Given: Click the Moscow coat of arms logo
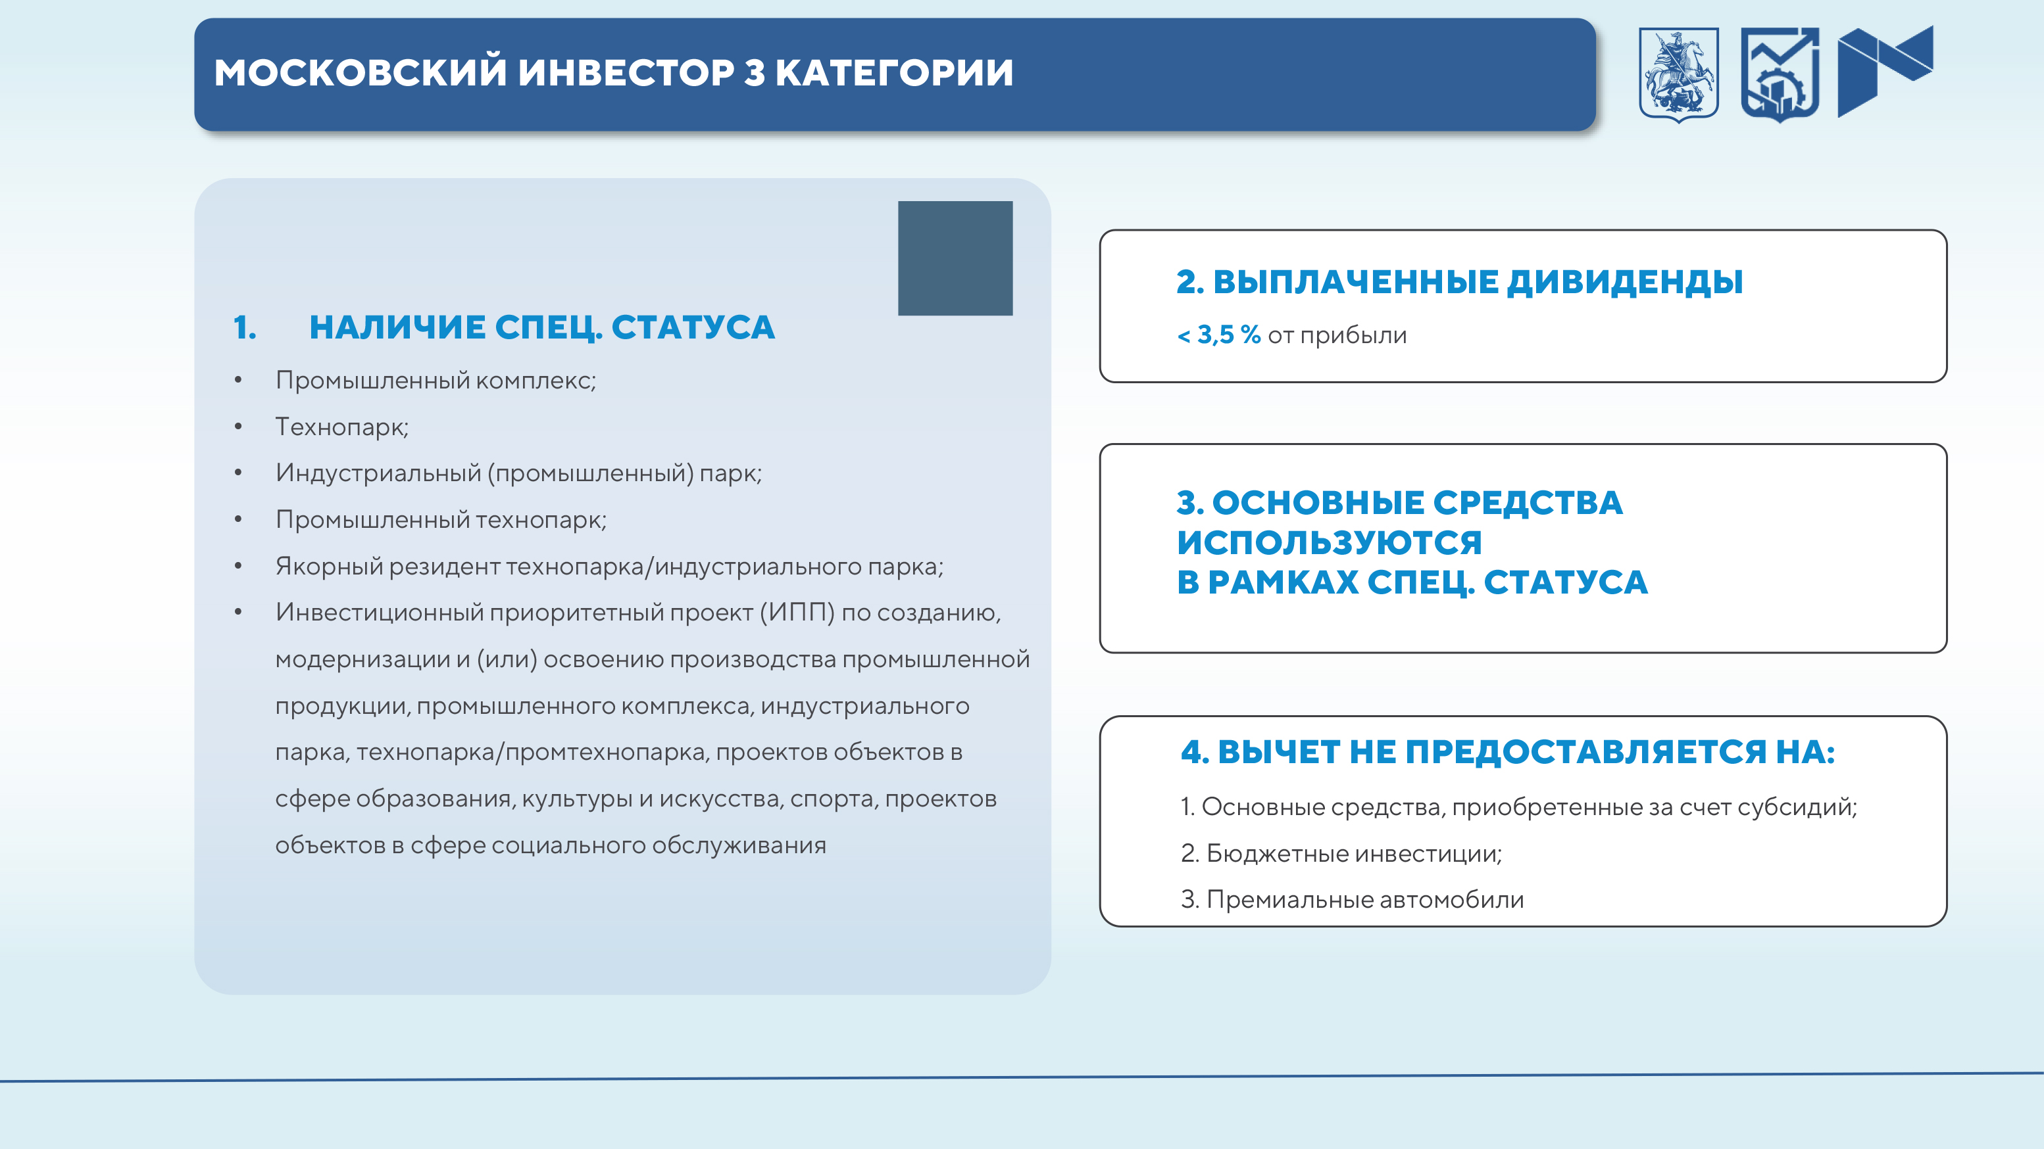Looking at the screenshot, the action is pos(1679,74).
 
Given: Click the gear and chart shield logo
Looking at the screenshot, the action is pos(1780,74).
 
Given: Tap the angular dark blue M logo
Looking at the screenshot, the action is pos(1885,72).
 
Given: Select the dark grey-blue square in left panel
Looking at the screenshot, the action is pos(955,258).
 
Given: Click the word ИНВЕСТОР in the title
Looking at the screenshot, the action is pos(626,72).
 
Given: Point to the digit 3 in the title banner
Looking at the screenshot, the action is pos(755,72).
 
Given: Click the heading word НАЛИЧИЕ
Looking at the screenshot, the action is pos(397,327).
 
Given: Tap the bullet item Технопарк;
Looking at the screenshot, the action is pos(342,427).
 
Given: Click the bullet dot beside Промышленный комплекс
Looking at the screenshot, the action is pos(238,380).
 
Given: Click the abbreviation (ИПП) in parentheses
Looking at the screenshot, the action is pos(797,612).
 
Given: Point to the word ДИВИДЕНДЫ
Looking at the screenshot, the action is pos(1625,281).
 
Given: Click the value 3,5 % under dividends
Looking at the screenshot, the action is pos(1229,335).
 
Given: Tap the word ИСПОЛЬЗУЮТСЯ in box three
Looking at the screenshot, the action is pos(1330,542).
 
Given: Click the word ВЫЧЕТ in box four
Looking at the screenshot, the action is pos(1279,752).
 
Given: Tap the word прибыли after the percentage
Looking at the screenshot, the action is pos(1354,335).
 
